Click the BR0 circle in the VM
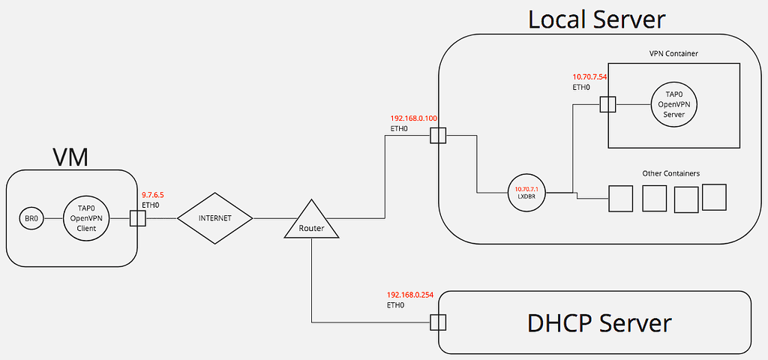coord(31,219)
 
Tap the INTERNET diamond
coord(214,218)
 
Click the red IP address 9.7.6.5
coord(154,194)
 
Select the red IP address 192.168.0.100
coord(414,118)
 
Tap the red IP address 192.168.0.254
coord(410,295)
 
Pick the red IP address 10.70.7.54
coord(589,76)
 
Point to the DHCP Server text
coord(599,323)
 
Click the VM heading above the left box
coord(70,157)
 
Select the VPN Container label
coord(673,54)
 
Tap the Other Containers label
coord(670,173)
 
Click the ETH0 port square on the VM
coord(137,218)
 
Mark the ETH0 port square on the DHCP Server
coord(438,322)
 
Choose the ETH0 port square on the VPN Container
coord(607,103)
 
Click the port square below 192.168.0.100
coord(438,136)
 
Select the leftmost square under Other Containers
coord(620,199)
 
